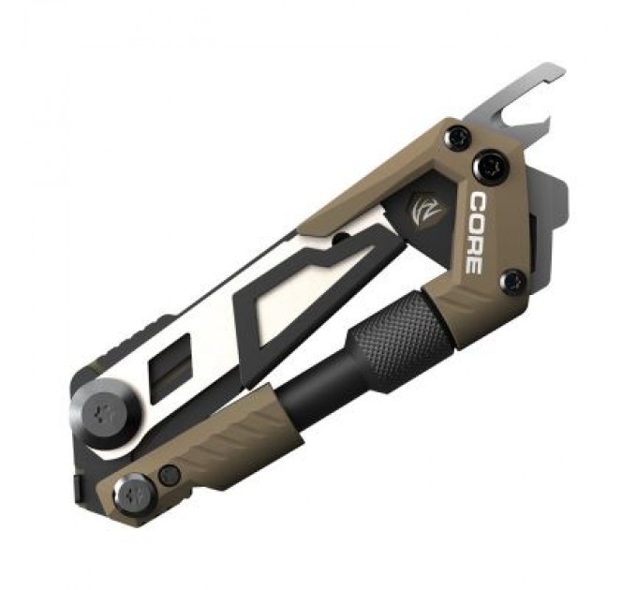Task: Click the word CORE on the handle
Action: (474, 232)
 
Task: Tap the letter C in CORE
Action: (477, 201)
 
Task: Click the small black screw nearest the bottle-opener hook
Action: (456, 138)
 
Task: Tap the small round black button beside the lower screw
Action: (169, 475)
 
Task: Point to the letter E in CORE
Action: (473, 263)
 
